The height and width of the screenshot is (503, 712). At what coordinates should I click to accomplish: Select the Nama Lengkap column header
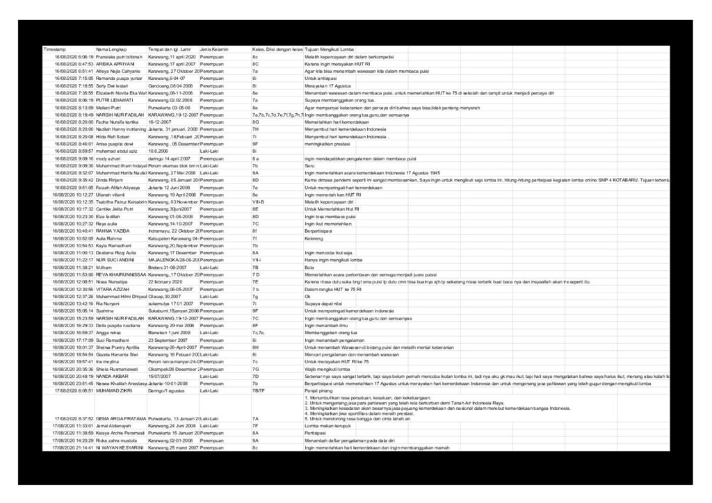111,50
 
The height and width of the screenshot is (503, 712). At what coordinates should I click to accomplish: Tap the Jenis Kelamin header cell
213,50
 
